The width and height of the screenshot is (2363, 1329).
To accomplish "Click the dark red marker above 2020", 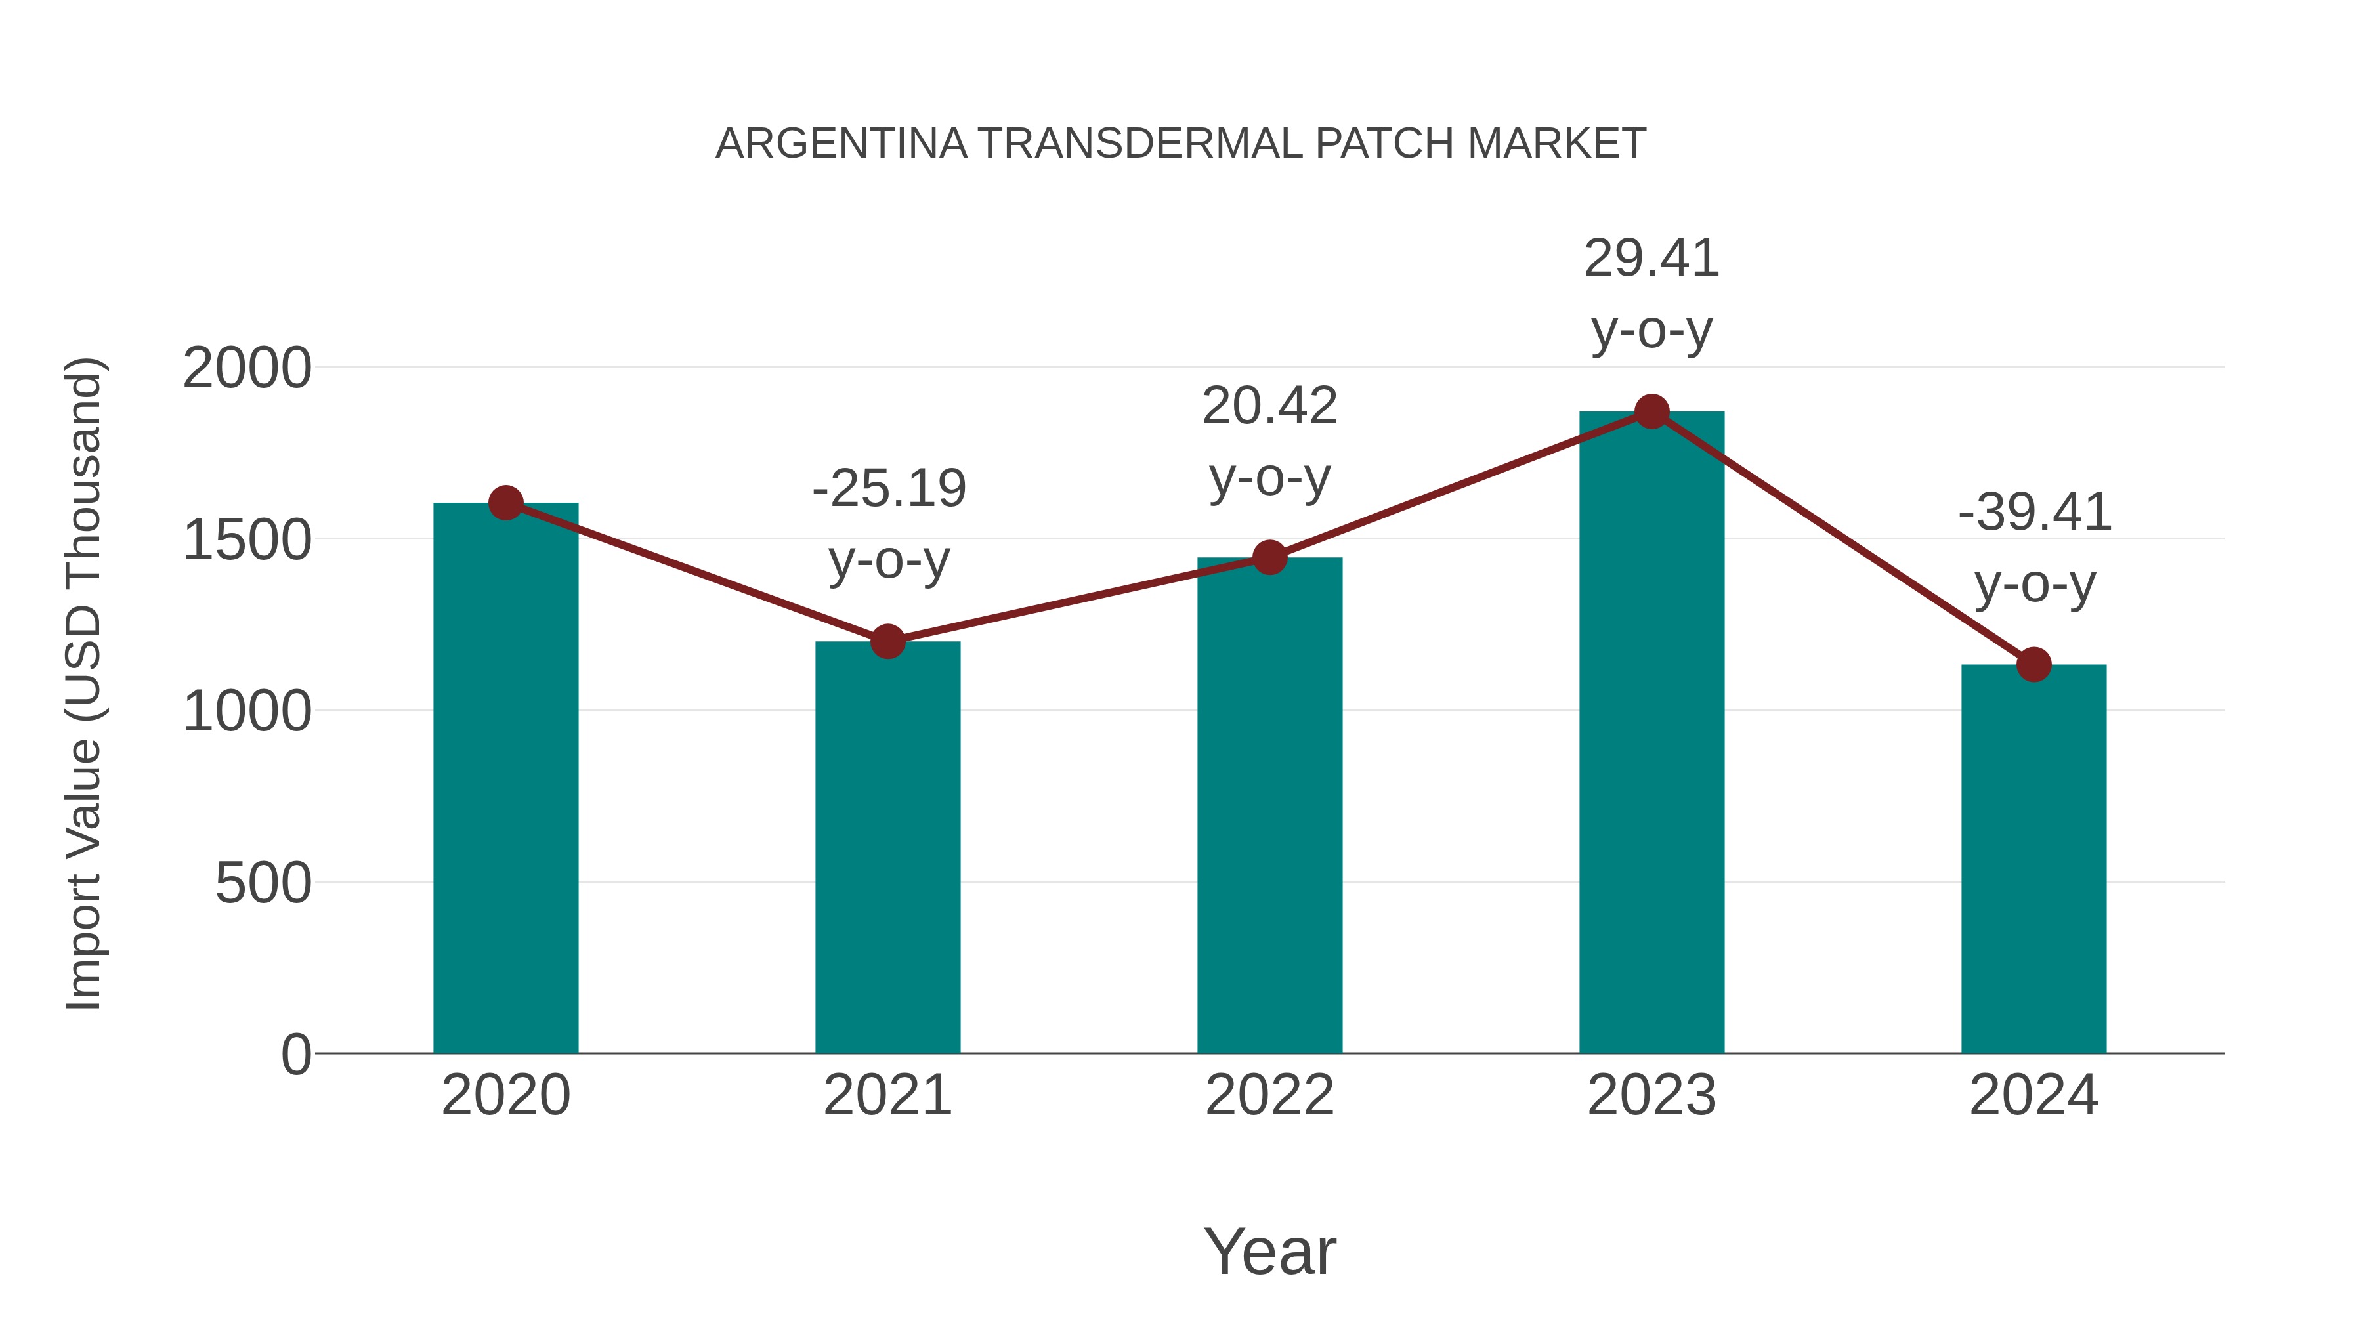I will [505, 503].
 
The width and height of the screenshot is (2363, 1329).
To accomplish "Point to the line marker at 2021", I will [887, 641].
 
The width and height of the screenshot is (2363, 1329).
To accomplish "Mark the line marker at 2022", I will [1269, 557].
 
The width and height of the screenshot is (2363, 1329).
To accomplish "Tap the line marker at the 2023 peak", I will [1651, 411].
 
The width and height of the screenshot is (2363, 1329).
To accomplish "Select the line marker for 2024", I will [2033, 664].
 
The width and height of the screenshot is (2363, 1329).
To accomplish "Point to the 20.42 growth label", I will [1269, 406].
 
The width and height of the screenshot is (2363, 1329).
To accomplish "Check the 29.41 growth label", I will [1651, 259].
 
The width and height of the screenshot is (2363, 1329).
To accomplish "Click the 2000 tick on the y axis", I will [247, 369].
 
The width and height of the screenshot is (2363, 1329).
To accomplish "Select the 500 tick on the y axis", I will [263, 883].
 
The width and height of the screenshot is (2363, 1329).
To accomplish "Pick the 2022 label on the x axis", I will [1269, 1095].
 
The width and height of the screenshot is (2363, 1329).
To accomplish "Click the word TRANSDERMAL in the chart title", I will [1140, 144].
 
